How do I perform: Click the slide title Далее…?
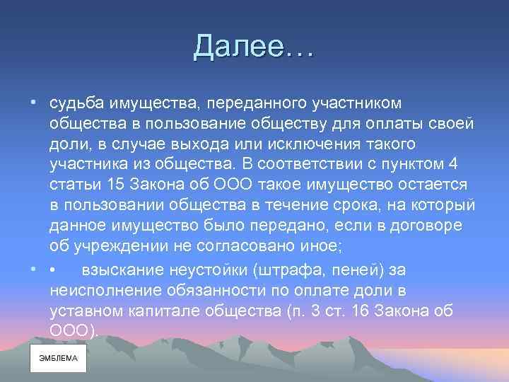click(255, 47)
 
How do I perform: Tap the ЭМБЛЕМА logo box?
click(58, 358)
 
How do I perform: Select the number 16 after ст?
click(349, 311)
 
